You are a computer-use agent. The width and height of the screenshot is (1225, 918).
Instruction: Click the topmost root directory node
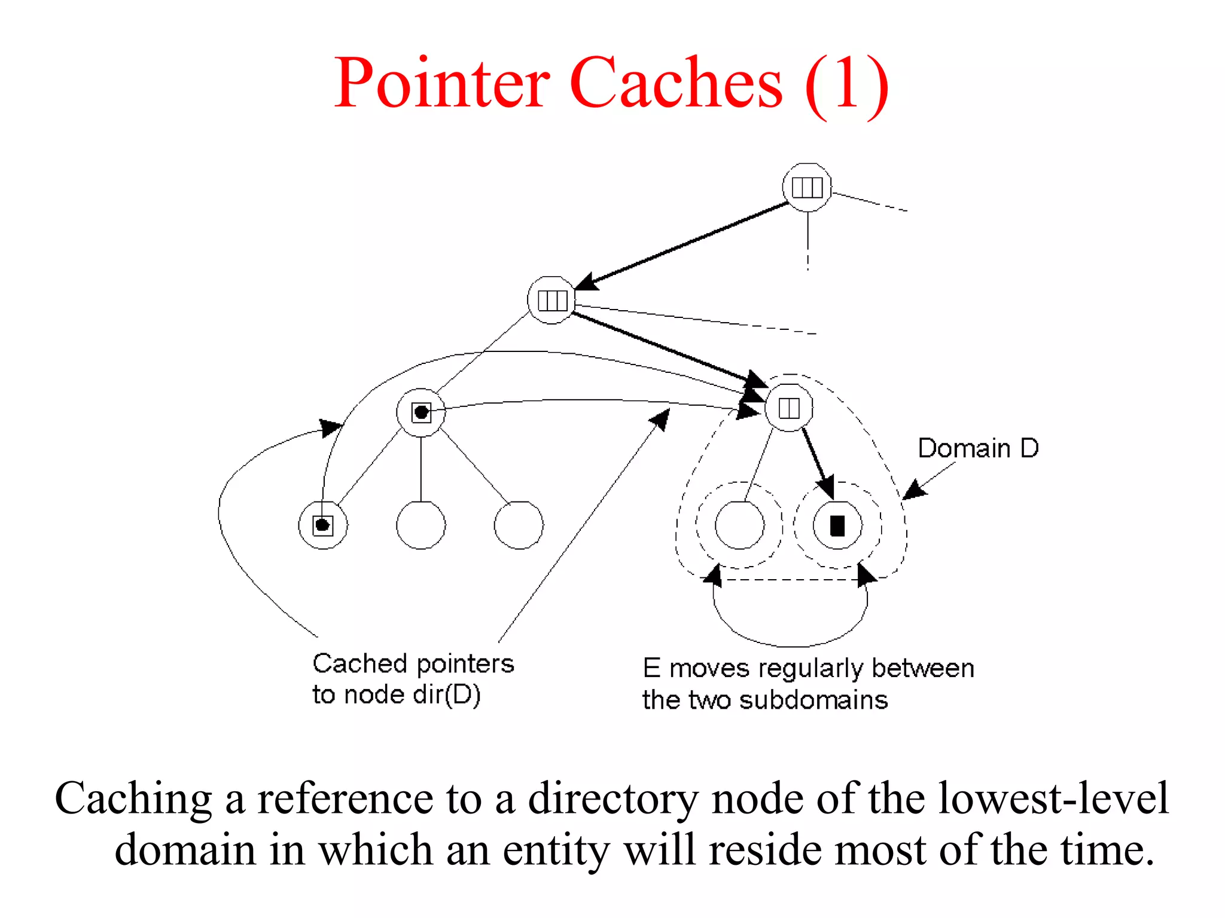[807, 187]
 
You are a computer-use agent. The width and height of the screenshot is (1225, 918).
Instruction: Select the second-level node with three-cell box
[551, 300]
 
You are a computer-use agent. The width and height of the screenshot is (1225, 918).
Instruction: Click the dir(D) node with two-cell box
[789, 408]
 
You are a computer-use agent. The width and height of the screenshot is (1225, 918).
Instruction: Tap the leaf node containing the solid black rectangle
[837, 525]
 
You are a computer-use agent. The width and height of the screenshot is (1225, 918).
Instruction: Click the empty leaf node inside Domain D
[739, 525]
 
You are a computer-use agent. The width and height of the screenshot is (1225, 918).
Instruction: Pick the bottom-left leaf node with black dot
[323, 525]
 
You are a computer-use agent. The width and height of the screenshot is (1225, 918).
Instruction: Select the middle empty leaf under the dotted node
[421, 525]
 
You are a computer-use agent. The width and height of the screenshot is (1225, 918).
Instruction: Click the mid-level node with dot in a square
[421, 412]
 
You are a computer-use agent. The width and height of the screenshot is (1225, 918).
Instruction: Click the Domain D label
[978, 448]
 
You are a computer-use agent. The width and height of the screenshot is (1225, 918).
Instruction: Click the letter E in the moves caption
[651, 668]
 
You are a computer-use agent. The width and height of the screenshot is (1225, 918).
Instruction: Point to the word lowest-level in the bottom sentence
[1053, 798]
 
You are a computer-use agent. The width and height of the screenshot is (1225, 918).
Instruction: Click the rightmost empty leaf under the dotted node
[519, 525]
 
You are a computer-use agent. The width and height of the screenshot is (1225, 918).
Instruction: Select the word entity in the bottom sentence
[556, 850]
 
